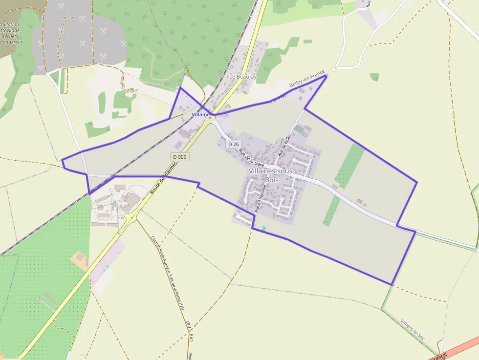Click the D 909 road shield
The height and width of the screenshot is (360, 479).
click(x=180, y=157)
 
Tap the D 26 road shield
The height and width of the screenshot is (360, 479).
click(x=234, y=144)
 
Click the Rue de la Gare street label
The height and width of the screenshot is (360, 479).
click(x=252, y=156)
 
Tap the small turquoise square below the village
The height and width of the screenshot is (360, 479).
click(x=264, y=229)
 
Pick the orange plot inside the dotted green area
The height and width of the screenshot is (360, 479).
click(x=80, y=258)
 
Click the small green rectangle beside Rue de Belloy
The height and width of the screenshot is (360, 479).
click(x=298, y=129)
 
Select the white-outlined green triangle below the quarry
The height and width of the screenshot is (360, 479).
click(x=57, y=80)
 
